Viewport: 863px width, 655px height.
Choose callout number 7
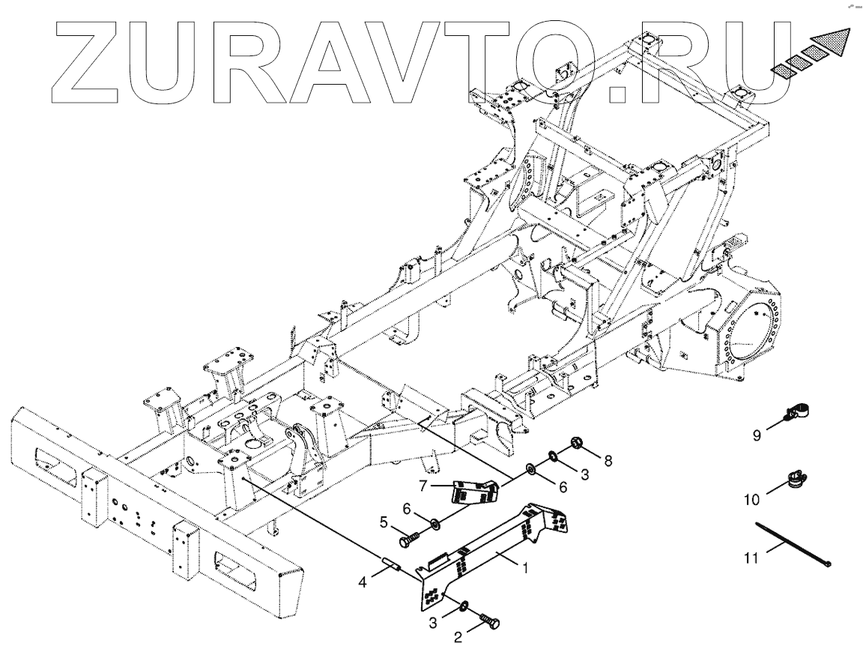[423, 486]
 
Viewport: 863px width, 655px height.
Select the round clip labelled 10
[796, 477]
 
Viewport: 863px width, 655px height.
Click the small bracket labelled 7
[474, 489]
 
